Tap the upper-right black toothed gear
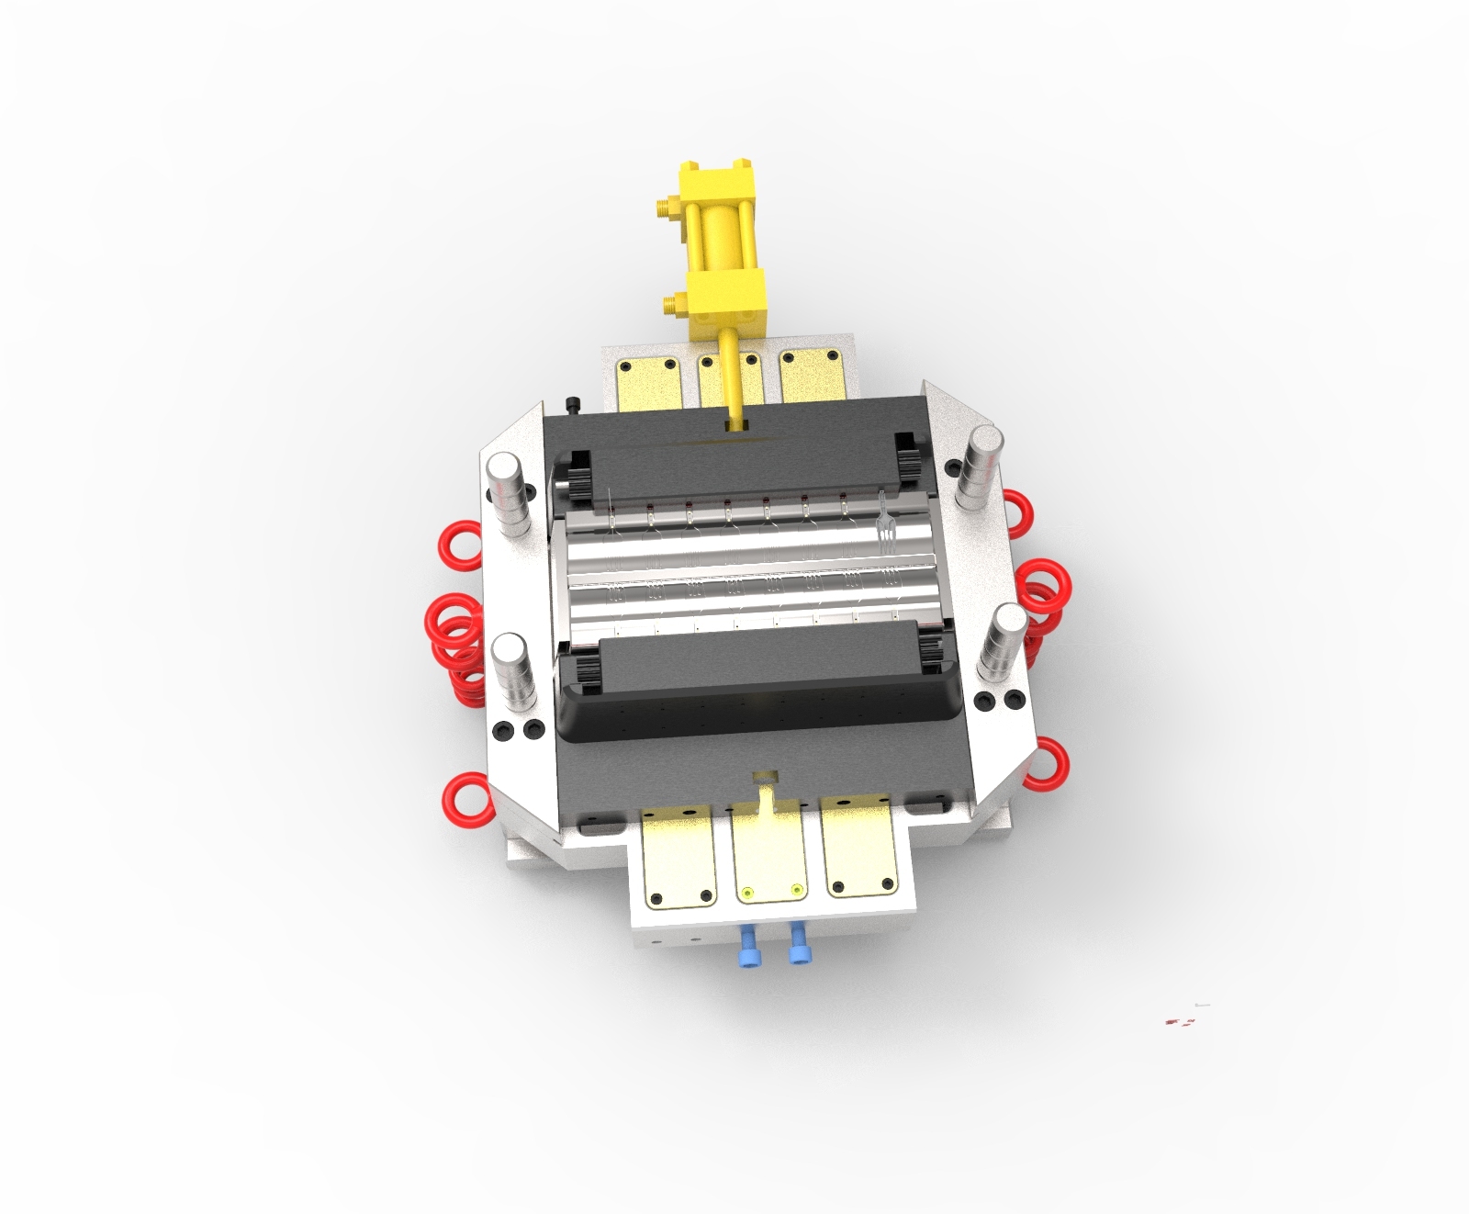(x=906, y=456)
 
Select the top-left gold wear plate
(x=647, y=382)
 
